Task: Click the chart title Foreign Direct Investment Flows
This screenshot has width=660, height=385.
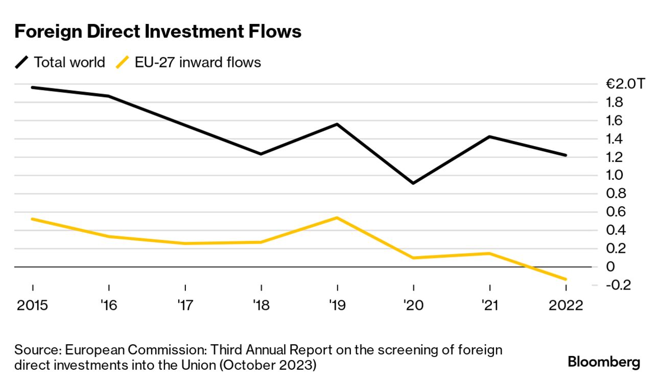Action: click(x=158, y=32)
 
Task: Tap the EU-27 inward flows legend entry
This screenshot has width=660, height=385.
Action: click(x=189, y=62)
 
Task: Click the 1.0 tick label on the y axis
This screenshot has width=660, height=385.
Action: click(x=615, y=175)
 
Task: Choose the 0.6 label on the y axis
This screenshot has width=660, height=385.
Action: click(x=615, y=212)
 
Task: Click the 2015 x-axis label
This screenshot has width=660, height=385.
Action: click(x=33, y=305)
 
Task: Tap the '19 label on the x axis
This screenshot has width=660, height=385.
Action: click(x=337, y=305)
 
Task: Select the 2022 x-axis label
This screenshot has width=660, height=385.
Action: click(x=565, y=305)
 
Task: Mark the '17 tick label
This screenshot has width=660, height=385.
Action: click(x=185, y=305)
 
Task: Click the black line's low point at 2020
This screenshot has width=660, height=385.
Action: click(x=413, y=183)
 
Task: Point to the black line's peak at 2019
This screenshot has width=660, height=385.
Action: click(x=337, y=124)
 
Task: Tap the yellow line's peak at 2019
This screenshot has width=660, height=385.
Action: click(x=337, y=218)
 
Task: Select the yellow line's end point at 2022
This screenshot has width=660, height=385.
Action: click(x=565, y=279)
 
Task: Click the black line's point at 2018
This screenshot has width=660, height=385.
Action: click(x=261, y=154)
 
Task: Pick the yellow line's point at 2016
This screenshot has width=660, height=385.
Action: click(x=109, y=236)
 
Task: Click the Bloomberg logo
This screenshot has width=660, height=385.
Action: click(x=604, y=362)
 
